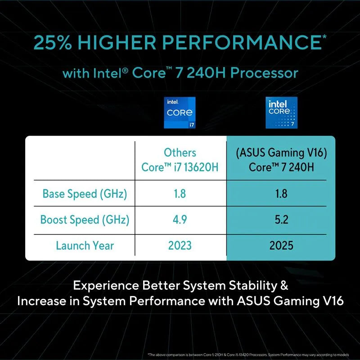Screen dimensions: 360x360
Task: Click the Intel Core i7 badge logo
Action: tap(180, 112)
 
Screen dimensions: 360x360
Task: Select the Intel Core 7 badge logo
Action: tap(281, 112)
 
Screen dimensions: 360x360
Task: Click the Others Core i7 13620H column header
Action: tap(180, 160)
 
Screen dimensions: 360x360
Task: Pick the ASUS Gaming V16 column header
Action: tap(281, 160)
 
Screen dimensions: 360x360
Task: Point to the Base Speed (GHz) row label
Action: tap(85, 194)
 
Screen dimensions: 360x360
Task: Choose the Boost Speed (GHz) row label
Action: tap(85, 220)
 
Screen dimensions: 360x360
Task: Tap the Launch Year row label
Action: tap(85, 246)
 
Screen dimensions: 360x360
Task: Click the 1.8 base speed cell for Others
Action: tap(180, 194)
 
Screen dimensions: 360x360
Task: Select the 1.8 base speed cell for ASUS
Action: tap(281, 194)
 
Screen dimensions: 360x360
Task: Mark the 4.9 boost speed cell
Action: tap(180, 220)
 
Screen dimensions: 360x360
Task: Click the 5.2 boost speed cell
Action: tap(281, 220)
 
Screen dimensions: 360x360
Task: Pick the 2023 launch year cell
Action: tap(180, 246)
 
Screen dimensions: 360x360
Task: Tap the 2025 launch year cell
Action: tap(281, 246)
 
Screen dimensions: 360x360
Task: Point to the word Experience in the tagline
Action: tap(106, 286)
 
